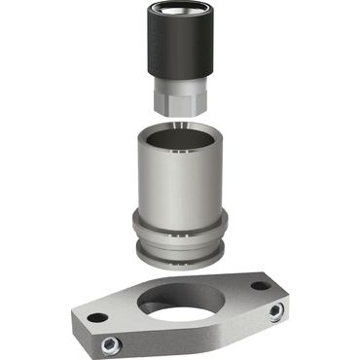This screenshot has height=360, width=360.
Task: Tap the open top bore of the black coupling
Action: click(x=179, y=11)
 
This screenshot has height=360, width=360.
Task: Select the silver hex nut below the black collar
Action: click(x=179, y=97)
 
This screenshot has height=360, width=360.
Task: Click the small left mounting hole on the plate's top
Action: click(x=94, y=318)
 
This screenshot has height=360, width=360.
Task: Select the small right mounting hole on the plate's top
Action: click(x=259, y=286)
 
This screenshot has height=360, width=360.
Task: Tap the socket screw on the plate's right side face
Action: click(x=276, y=311)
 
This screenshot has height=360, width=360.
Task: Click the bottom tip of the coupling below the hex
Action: click(x=179, y=119)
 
